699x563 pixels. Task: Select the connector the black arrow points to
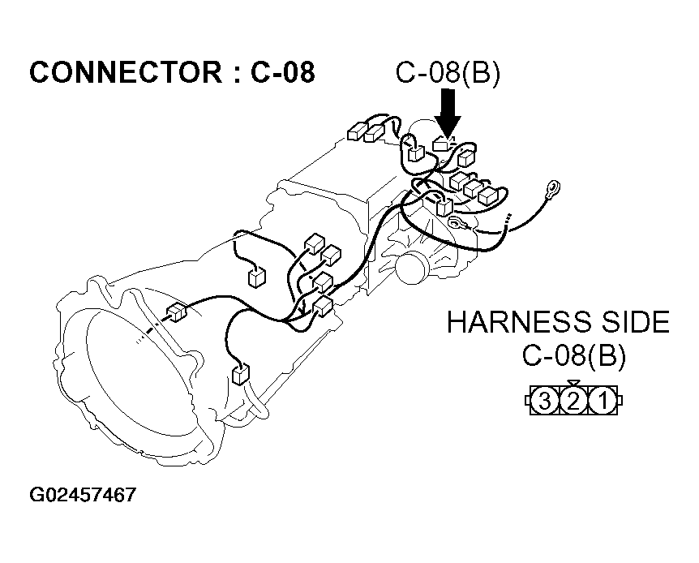(443, 144)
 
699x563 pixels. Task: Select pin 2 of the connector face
(573, 400)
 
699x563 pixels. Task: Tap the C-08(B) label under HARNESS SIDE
(573, 356)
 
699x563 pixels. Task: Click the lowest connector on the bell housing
(240, 374)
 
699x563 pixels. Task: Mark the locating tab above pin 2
(573, 383)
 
